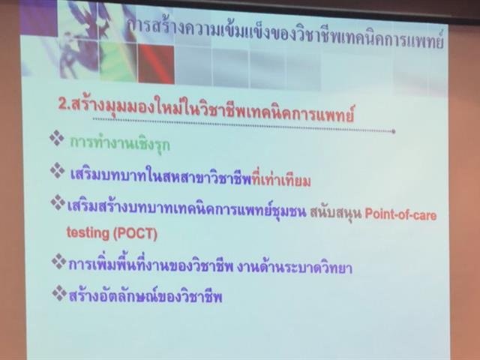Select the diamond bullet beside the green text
pos(56,140)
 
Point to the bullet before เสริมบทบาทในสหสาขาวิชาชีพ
pos(57,170)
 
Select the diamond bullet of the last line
pos(58,292)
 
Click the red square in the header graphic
pos(154,64)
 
